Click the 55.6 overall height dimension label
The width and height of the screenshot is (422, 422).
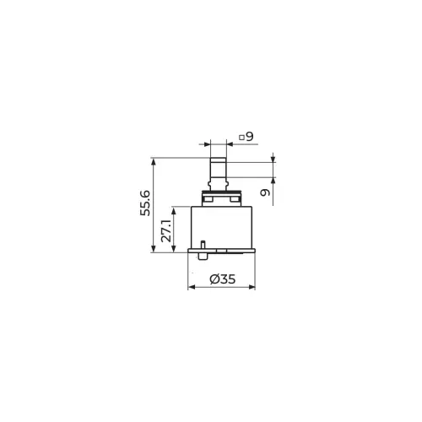pyautogui.click(x=145, y=203)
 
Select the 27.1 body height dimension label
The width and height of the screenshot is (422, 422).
pyautogui.click(x=166, y=231)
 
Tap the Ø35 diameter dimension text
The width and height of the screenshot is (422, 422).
pyautogui.click(x=222, y=279)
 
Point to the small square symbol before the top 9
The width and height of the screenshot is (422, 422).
pyautogui.click(x=241, y=138)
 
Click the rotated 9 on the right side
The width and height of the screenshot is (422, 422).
pyautogui.click(x=265, y=192)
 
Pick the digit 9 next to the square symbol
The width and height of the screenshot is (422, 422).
pyautogui.click(x=250, y=137)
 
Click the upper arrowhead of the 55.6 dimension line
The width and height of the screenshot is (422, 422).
pyautogui.click(x=154, y=161)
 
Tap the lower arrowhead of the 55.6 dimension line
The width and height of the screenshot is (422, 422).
pyautogui.click(x=154, y=249)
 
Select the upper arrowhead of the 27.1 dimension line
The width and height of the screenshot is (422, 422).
pyautogui.click(x=174, y=211)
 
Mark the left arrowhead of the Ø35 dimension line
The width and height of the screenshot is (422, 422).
pyautogui.click(x=192, y=287)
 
